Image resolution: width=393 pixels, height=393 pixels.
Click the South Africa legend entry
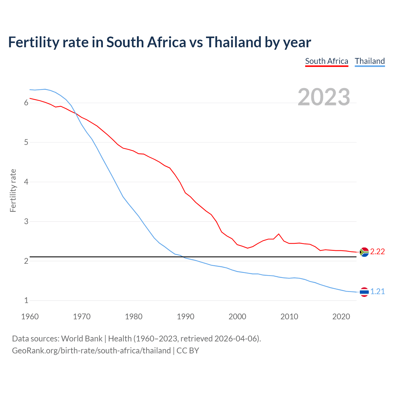coord(326,61)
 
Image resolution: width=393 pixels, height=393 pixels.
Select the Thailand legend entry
coord(370,61)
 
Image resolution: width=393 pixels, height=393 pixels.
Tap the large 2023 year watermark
coord(324,97)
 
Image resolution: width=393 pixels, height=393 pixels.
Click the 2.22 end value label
coord(377,252)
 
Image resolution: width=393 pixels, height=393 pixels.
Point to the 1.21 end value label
coord(377,292)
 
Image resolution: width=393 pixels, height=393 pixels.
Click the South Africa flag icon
coord(364,252)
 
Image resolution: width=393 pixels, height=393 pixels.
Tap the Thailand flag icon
coord(364,292)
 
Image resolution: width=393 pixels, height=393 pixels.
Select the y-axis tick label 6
coord(26,103)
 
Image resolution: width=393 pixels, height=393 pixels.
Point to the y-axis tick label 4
coord(26,182)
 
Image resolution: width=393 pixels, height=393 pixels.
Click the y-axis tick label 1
coord(26,301)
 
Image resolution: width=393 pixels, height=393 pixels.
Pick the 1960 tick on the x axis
coord(30,317)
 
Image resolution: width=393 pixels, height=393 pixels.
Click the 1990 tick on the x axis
coord(185,317)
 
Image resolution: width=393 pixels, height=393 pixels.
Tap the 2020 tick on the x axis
coord(341,317)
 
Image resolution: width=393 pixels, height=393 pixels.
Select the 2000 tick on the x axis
coord(237,317)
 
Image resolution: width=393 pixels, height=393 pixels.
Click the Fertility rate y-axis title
coord(13,190)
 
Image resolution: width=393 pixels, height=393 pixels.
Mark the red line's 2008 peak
coord(279,234)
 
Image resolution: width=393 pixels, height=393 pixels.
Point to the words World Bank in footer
coord(82,339)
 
